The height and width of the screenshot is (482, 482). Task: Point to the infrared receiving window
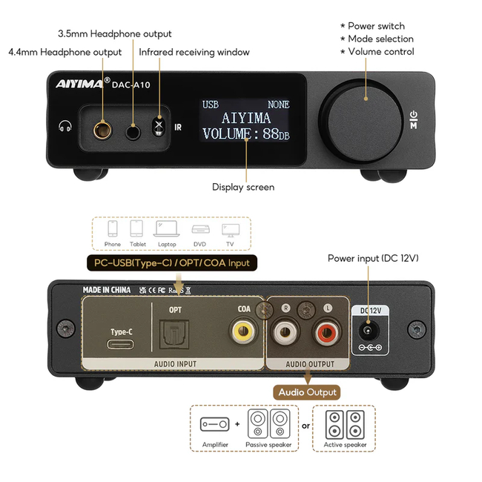point(158,127)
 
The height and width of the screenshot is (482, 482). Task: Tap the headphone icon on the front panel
point(66,127)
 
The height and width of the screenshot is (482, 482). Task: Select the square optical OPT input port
point(175,334)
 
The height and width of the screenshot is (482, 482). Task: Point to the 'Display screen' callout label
point(243,188)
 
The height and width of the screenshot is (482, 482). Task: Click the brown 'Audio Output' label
point(307,392)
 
